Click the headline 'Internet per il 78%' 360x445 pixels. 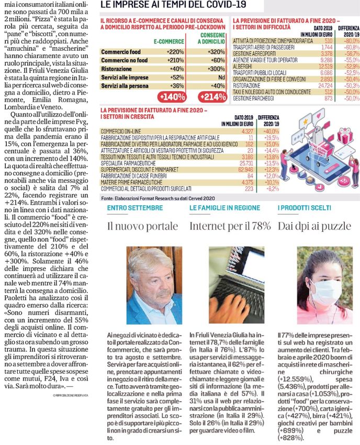tap(230, 227)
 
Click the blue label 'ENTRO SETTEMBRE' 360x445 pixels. tap(131, 209)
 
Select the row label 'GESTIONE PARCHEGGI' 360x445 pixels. tap(255, 98)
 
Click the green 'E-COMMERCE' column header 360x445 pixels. tap(168, 40)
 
